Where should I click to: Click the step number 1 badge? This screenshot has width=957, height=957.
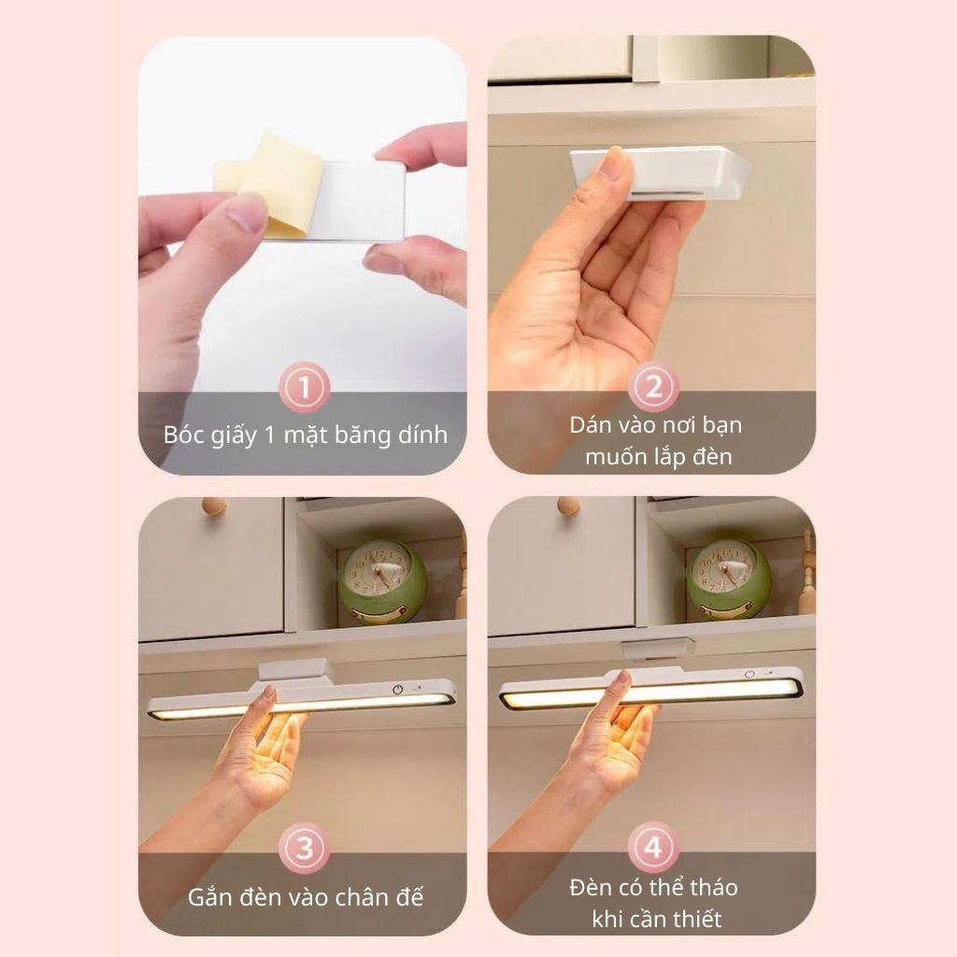tap(304, 387)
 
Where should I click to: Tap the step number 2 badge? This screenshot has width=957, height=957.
tap(653, 387)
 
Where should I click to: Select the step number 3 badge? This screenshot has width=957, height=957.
tap(304, 849)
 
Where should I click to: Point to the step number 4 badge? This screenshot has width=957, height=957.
tap(653, 847)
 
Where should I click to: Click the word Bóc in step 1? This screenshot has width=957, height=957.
tap(184, 435)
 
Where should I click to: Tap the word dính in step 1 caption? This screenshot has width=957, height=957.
tap(423, 434)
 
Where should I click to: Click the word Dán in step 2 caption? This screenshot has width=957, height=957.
tap(590, 425)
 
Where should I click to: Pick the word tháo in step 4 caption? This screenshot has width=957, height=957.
tap(710, 888)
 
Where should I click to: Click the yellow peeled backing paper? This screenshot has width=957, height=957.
tap(275, 183)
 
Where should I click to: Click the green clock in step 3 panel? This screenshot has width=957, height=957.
tap(383, 582)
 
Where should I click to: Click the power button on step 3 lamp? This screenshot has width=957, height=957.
tap(398, 689)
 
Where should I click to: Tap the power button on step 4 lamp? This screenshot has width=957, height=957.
tap(750, 675)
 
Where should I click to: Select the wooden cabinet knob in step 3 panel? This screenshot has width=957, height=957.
tap(214, 506)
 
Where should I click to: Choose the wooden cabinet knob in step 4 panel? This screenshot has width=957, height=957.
tap(568, 506)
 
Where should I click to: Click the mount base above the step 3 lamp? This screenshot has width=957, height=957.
tap(295, 670)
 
